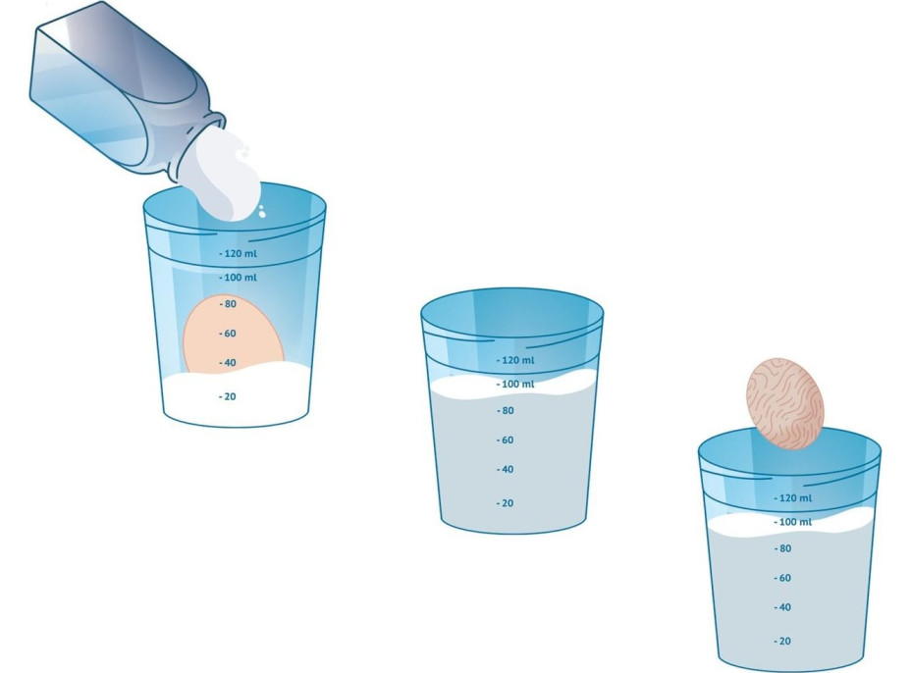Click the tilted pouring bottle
click(125, 93)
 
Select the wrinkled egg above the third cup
click(785, 403)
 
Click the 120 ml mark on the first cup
click(238, 253)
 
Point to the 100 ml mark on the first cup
click(238, 278)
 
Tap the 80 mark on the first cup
click(228, 304)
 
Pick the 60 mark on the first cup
click(228, 334)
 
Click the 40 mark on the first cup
click(228, 363)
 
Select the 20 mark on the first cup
click(228, 396)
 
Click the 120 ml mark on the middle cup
click(515, 360)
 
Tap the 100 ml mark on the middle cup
click(515, 384)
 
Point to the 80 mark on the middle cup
click(506, 410)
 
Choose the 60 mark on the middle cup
click(506, 440)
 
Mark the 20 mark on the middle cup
click(506, 503)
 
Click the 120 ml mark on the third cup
click(793, 497)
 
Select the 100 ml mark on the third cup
click(793, 522)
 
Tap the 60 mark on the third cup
click(782, 578)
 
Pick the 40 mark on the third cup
click(782, 607)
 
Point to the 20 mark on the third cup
click(782, 641)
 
